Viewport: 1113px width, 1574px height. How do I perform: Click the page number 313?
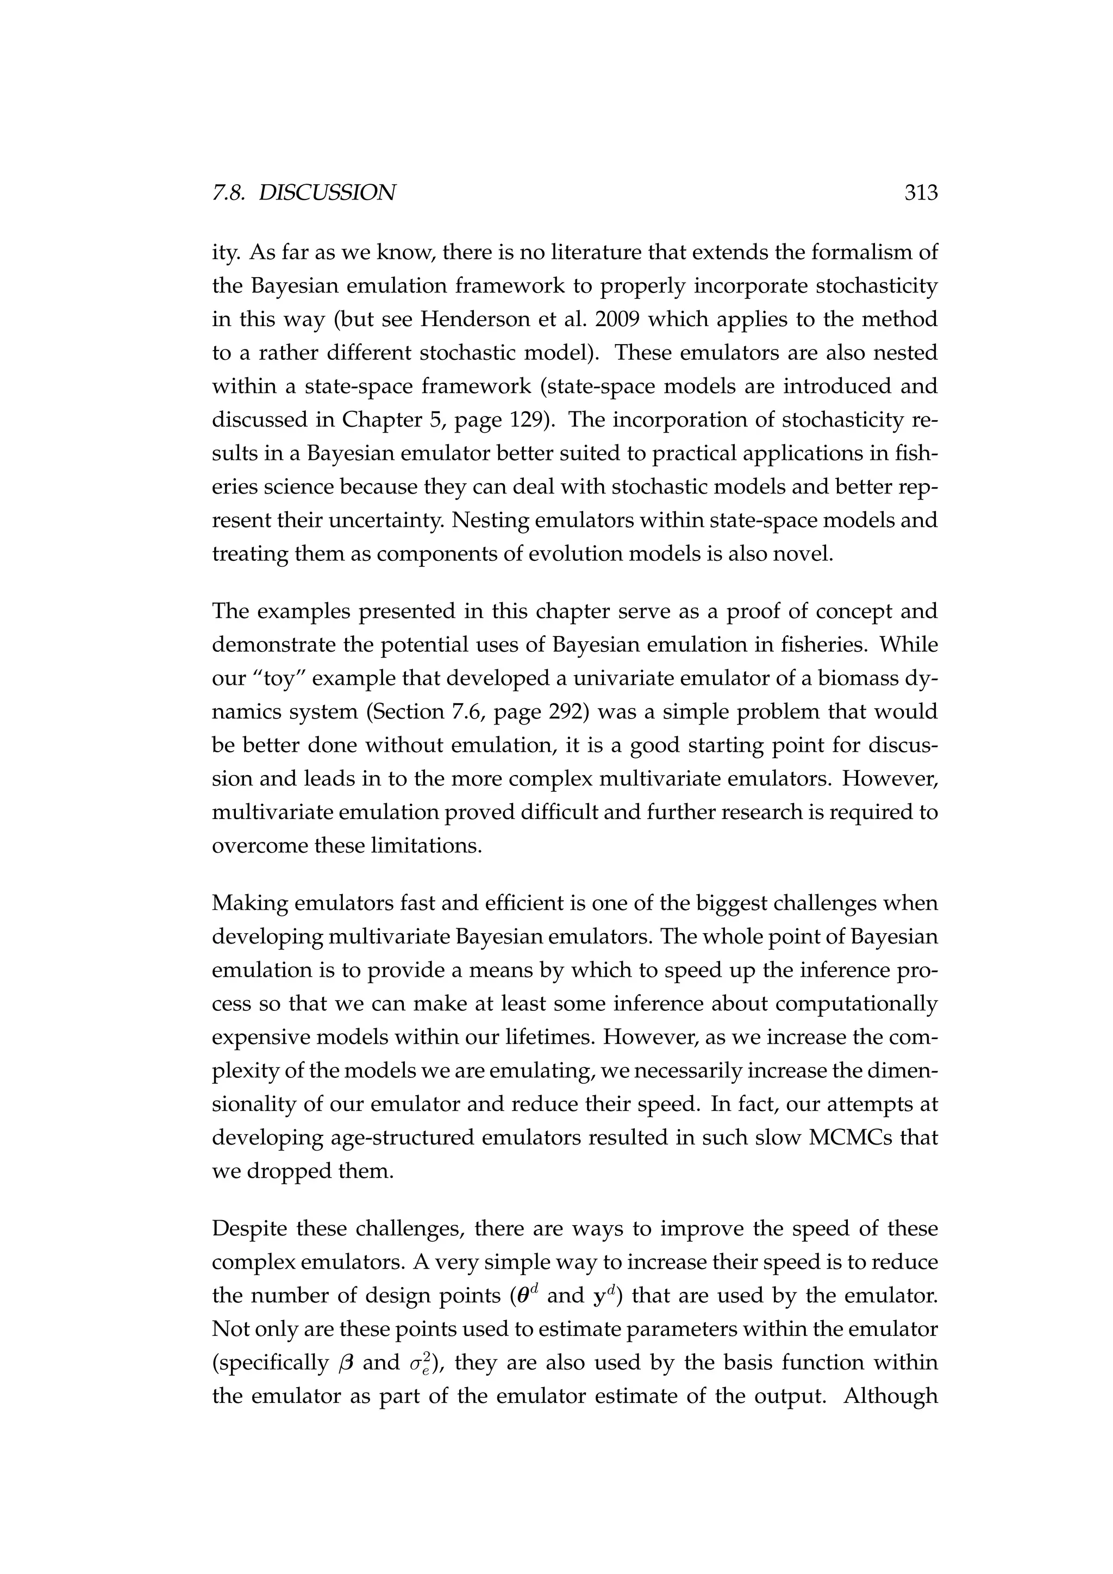coord(921,193)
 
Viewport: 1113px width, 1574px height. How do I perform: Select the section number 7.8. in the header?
coord(230,193)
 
